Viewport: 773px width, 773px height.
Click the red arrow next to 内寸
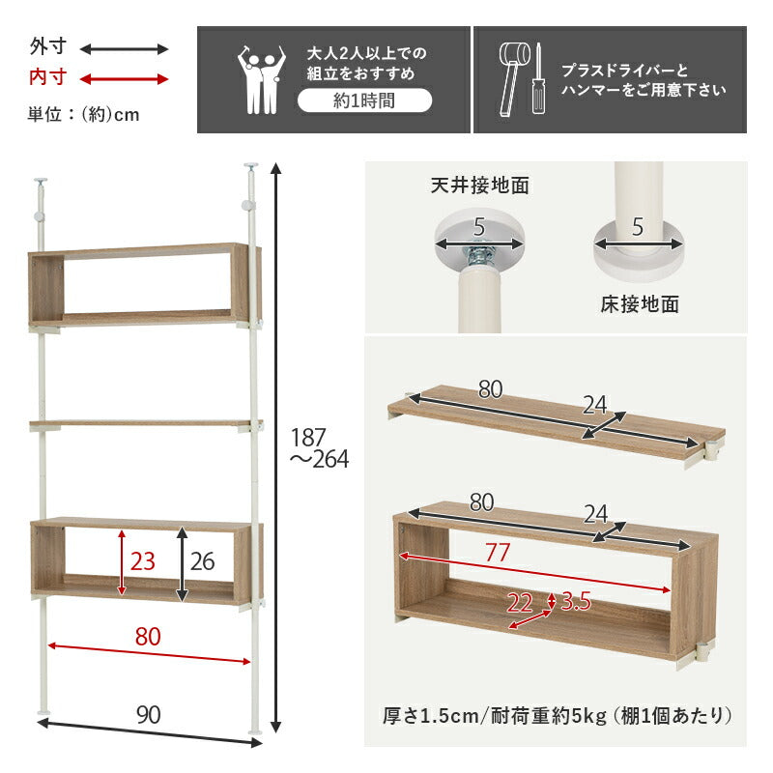pos(124,78)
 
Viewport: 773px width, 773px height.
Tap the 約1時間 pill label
pos(364,100)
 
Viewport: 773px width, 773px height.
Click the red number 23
pos(144,562)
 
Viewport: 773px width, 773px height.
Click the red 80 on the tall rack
pos(148,638)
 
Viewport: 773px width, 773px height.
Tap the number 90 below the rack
pos(148,715)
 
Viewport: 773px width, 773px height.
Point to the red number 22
pos(520,603)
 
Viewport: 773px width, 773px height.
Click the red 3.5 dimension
pos(573,603)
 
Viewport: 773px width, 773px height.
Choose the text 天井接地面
pos(480,185)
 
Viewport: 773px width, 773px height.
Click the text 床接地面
pos(640,304)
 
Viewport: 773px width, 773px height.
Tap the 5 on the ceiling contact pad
pos(477,229)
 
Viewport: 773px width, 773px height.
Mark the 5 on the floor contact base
pos(638,229)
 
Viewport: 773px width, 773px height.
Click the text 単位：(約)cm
pos(84,114)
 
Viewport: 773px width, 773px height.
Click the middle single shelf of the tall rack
pos(145,422)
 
